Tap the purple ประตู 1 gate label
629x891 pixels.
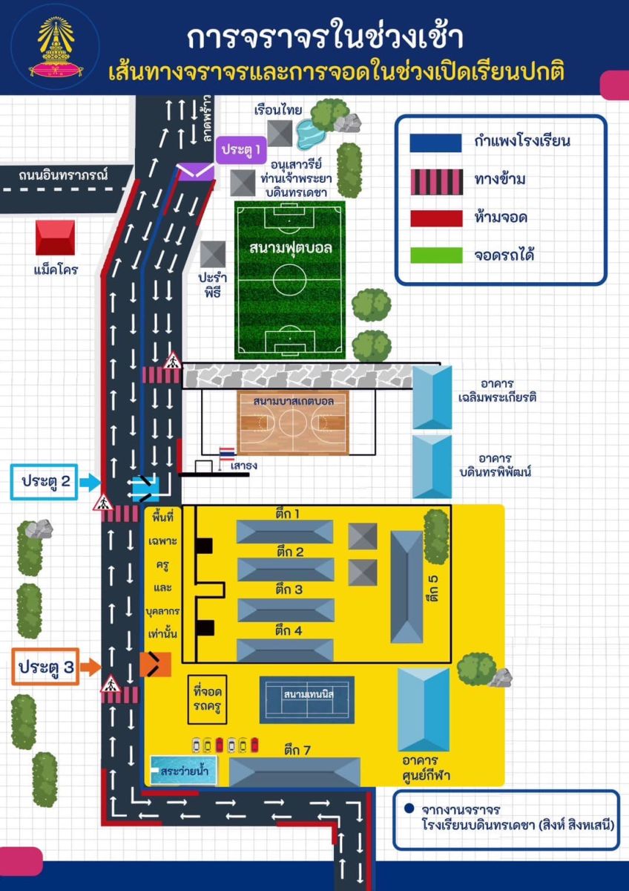pos(242,149)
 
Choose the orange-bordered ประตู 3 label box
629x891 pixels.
pos(46,667)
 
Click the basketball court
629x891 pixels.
pos(292,423)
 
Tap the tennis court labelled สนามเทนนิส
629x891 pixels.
pos(307,699)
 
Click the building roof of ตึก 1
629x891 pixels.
pos(285,532)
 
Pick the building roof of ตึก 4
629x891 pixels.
pos(285,650)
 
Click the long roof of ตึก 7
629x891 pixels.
pos(294,771)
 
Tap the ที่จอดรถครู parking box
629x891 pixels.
pos(208,699)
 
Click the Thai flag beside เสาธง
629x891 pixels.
pos(226,454)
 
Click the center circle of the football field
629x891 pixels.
pos(291,279)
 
